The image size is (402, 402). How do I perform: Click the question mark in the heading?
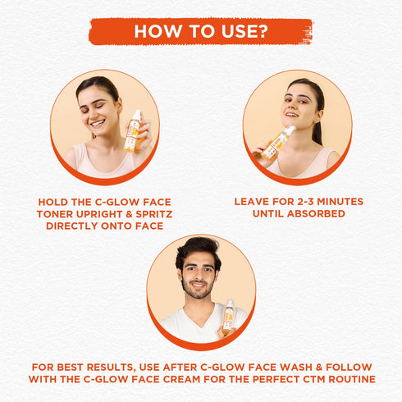[x=262, y=31]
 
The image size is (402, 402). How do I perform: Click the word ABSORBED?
[x=316, y=213]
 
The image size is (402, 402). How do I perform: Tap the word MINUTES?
[x=340, y=202]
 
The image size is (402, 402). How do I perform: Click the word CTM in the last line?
[x=313, y=379]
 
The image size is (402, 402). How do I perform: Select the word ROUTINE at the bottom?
[x=352, y=379]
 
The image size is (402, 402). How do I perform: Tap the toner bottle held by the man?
[x=229, y=317]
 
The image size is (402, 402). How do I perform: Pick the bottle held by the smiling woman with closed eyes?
[x=132, y=130]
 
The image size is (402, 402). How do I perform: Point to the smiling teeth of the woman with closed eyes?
[x=98, y=123]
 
